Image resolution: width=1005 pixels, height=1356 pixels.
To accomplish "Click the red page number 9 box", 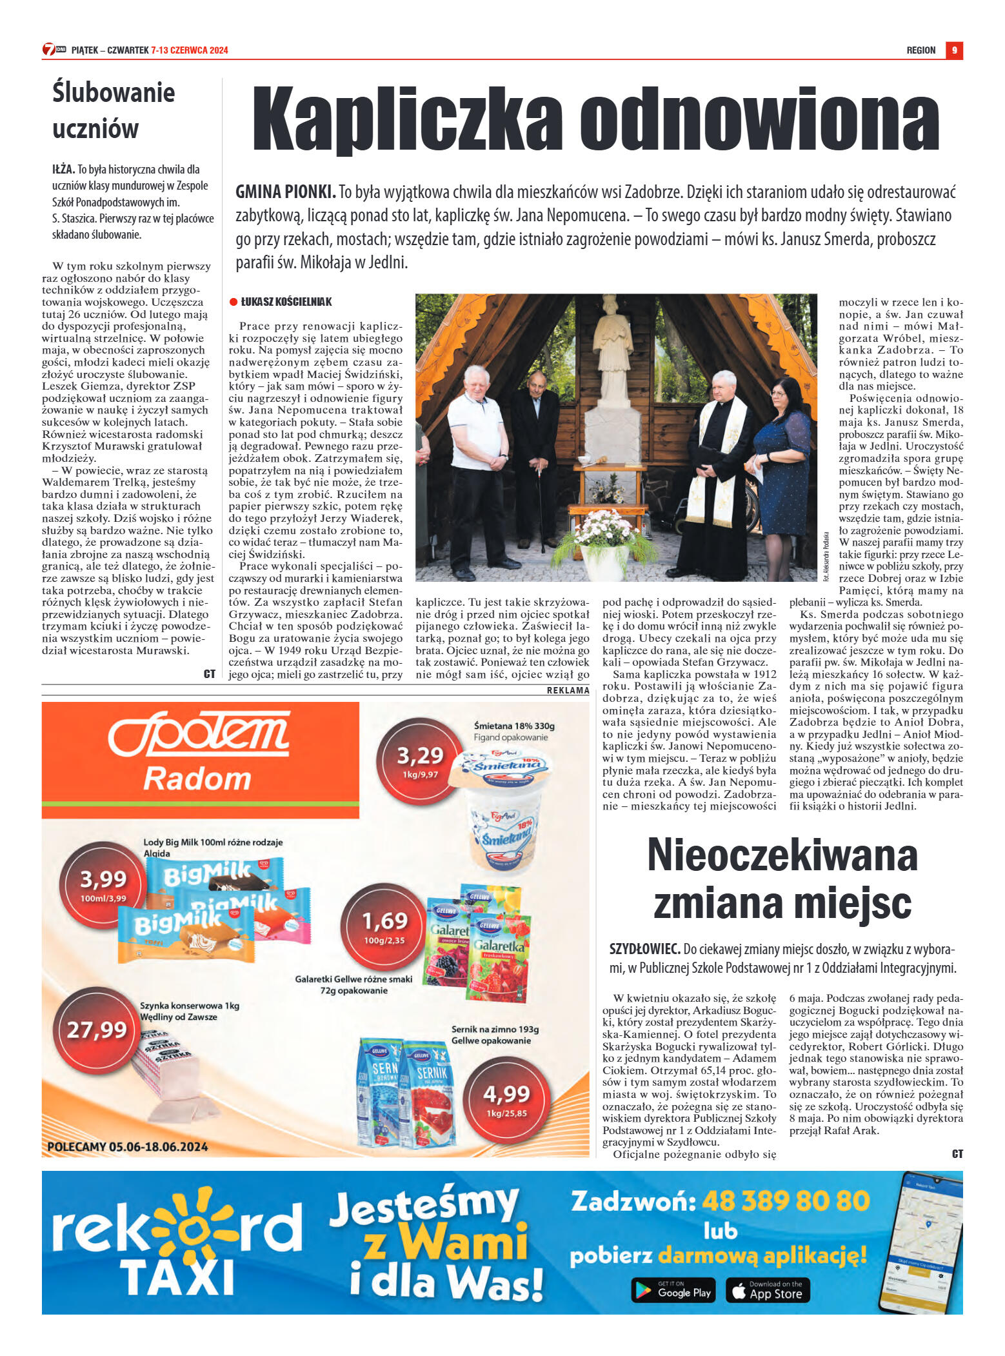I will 953,50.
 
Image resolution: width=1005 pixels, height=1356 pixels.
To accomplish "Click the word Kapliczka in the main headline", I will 406,120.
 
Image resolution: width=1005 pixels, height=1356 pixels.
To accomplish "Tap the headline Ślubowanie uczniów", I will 114,110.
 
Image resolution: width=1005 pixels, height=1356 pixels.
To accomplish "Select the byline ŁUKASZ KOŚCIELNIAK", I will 286,301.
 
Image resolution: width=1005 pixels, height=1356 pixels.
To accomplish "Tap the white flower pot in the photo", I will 605,560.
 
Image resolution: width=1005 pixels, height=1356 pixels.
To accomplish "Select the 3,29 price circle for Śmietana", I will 420,761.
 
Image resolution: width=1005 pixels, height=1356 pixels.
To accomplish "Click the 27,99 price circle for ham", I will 97,1030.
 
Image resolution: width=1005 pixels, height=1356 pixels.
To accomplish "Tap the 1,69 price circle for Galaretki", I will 384,926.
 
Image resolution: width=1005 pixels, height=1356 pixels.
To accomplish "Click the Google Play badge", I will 673,1290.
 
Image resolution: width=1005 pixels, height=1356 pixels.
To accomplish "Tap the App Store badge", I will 768,1290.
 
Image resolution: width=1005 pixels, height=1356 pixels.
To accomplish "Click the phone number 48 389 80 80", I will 785,1201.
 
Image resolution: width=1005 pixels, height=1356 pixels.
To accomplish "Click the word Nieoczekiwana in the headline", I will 782,855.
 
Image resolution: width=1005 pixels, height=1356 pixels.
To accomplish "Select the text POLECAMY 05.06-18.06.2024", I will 128,1146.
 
